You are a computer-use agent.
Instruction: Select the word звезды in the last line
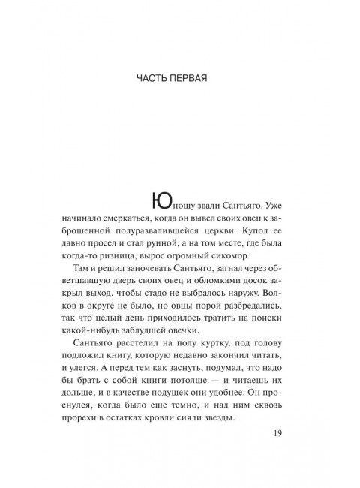pyautogui.click(x=254, y=435)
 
